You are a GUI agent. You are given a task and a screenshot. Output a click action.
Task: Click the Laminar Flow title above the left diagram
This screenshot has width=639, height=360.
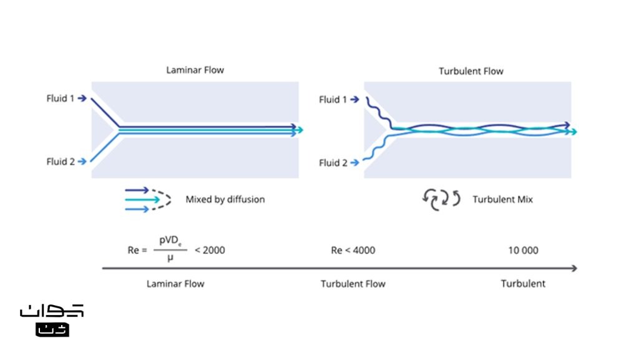(x=195, y=70)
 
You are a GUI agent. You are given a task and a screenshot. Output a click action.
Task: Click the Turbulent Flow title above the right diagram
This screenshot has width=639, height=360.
(x=471, y=71)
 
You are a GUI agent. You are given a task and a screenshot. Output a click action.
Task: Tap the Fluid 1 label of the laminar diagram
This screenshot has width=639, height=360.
(x=61, y=99)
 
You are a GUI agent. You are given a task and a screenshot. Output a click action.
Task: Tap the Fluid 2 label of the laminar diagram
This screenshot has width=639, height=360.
(x=61, y=162)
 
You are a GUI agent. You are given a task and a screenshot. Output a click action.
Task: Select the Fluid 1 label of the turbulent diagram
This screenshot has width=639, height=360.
(x=333, y=100)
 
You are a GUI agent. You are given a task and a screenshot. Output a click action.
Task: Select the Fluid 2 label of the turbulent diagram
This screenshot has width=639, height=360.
(x=333, y=163)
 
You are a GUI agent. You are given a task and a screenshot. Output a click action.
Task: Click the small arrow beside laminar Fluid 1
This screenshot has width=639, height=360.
(x=82, y=98)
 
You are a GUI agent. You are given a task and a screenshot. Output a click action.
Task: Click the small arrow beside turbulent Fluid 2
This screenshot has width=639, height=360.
(x=355, y=162)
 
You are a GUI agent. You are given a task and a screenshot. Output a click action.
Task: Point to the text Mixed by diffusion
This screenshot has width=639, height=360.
(x=225, y=200)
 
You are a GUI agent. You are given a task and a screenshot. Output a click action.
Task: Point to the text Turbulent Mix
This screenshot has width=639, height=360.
(x=503, y=200)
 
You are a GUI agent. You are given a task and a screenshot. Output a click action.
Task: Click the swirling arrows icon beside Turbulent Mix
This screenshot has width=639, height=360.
(x=441, y=200)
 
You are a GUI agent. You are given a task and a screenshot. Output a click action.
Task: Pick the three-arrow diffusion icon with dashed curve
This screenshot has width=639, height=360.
(x=148, y=200)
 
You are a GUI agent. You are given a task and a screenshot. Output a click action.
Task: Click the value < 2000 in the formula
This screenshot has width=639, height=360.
(x=210, y=250)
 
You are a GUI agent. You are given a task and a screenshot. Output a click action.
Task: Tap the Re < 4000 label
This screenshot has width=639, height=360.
(x=353, y=250)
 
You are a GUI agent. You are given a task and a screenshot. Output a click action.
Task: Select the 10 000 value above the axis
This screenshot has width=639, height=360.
(x=524, y=250)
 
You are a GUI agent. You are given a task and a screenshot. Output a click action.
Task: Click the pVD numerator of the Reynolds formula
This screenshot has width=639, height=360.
(x=170, y=241)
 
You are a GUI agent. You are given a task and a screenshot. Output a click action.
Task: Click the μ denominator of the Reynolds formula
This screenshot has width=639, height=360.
(x=170, y=258)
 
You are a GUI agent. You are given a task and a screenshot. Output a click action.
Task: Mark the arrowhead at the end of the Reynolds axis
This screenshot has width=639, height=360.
(x=574, y=268)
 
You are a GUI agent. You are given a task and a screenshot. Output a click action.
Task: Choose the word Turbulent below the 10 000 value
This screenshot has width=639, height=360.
(x=523, y=283)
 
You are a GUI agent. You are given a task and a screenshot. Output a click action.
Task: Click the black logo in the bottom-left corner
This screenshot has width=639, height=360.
(x=52, y=321)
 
